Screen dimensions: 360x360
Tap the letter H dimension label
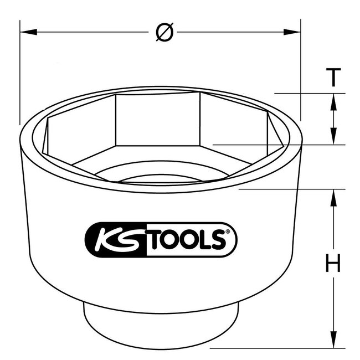click(x=332, y=265)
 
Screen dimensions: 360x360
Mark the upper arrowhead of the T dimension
click(x=333, y=99)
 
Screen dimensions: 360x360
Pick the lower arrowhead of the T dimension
click(x=333, y=139)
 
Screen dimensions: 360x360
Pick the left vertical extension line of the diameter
click(x=20, y=72)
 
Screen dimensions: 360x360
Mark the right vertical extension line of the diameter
click(x=301, y=72)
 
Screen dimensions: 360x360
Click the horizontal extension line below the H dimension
click(x=277, y=347)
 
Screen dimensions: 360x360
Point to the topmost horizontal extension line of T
click(x=310, y=93)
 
